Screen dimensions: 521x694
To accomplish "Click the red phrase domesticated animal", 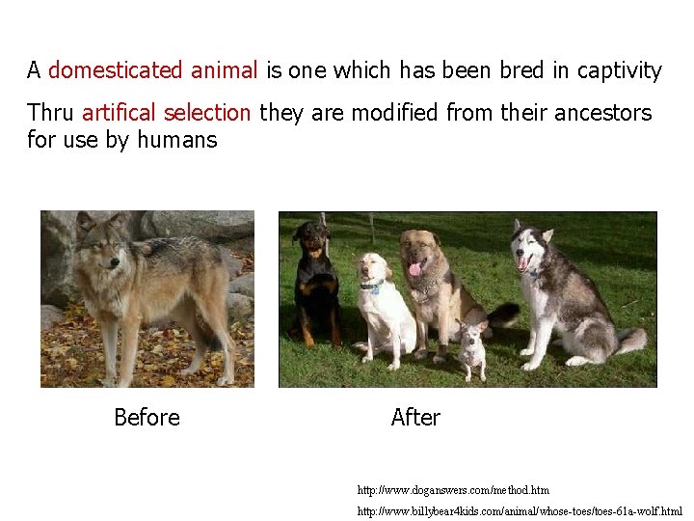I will tap(152, 70).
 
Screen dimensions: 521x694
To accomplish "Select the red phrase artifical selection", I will tap(166, 113).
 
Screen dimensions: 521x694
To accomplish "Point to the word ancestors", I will tap(602, 113).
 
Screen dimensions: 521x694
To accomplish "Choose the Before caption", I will tap(147, 418).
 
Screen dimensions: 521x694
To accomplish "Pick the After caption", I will tap(415, 418).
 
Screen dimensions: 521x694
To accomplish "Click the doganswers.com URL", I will tap(453, 490).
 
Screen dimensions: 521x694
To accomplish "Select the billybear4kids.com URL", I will tap(520, 510).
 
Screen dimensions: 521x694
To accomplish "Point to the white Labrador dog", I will tap(384, 304).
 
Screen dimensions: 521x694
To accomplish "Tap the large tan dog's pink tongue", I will tap(415, 269).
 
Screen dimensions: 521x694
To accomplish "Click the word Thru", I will tap(51, 113).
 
